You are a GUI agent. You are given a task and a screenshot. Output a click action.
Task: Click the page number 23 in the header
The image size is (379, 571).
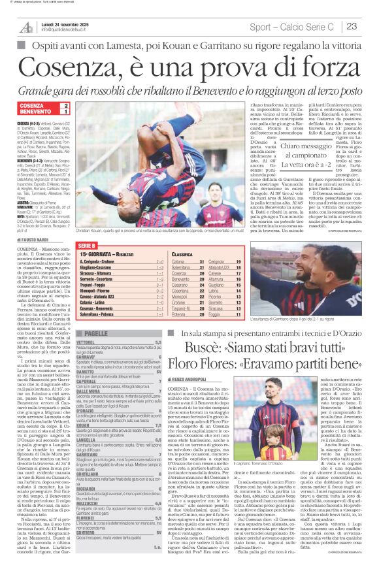tap(351, 26)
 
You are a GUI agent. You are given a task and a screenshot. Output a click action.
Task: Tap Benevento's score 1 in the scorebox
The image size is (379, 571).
tap(65, 112)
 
